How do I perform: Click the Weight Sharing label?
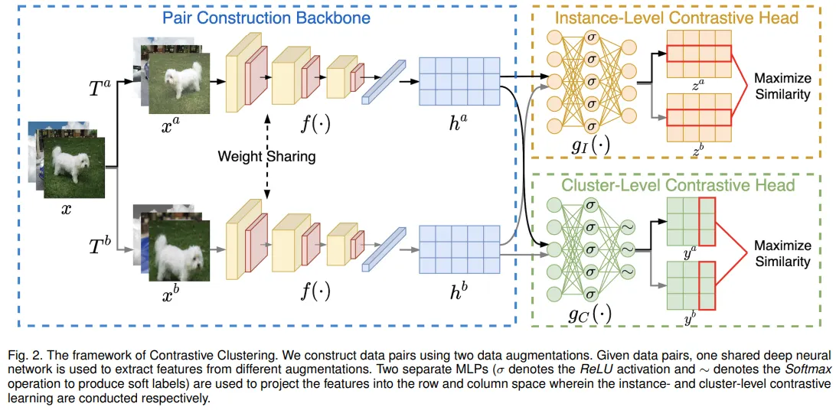266,156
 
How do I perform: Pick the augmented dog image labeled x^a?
178,83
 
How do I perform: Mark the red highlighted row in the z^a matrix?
698,53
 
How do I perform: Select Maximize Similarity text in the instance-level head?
782,86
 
